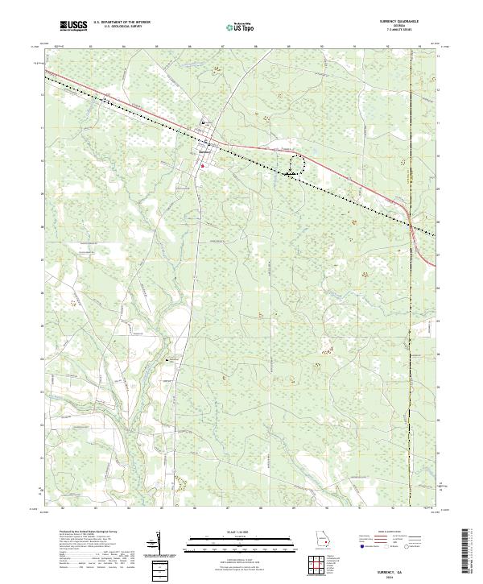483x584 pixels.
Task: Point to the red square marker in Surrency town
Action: pyautogui.click(x=203, y=167)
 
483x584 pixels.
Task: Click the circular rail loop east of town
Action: pyautogui.click(x=297, y=164)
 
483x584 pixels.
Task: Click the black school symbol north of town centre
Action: pyautogui.click(x=203, y=122)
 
